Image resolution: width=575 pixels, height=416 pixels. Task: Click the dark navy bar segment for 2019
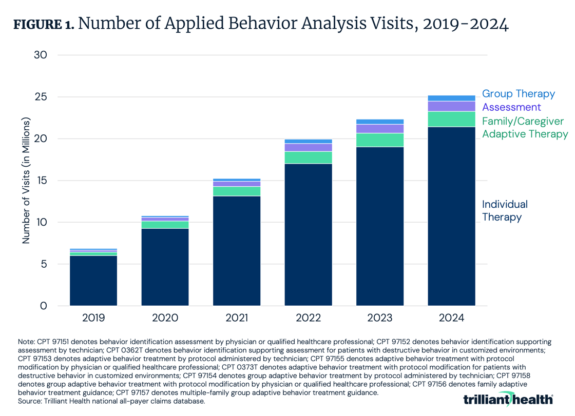pyautogui.click(x=93, y=281)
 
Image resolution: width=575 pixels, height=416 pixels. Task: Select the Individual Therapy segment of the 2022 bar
pyautogui.click(x=308, y=234)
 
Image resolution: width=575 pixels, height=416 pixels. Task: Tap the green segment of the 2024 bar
pyautogui.click(x=451, y=119)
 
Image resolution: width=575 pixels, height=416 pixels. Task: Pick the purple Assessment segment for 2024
pyautogui.click(x=451, y=106)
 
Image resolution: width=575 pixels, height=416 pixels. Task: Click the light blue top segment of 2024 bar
pyautogui.click(x=451, y=98)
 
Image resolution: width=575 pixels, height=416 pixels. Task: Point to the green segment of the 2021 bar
pyautogui.click(x=237, y=191)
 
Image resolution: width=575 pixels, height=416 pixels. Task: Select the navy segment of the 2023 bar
pyautogui.click(x=380, y=226)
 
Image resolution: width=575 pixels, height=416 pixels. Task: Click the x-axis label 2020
pyautogui.click(x=165, y=318)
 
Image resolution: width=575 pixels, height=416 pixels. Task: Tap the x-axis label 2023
pyautogui.click(x=380, y=318)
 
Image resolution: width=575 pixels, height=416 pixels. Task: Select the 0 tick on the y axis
pyautogui.click(x=43, y=306)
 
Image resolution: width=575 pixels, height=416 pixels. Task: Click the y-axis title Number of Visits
pyautogui.click(x=26, y=181)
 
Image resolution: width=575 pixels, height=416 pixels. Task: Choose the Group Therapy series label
pyautogui.click(x=518, y=94)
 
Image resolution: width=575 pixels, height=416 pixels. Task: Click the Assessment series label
pyautogui.click(x=511, y=107)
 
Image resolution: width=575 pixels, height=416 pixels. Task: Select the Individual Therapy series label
pyautogui.click(x=505, y=211)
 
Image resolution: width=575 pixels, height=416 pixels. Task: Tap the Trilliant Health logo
pyautogui.click(x=508, y=399)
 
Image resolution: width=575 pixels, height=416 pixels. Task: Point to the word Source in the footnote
pyautogui.click(x=29, y=402)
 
